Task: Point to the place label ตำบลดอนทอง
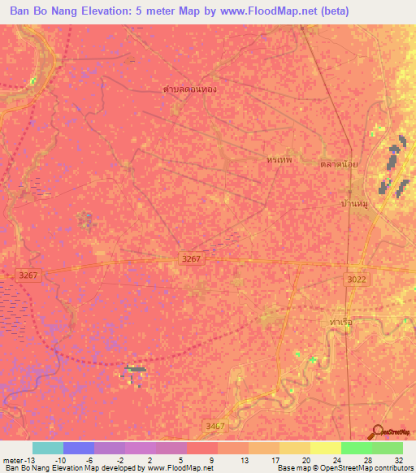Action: pyautogui.click(x=189, y=89)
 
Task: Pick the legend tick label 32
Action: pyautogui.click(x=398, y=459)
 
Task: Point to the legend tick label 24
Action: pyautogui.click(x=336, y=459)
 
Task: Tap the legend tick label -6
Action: pyautogui.click(x=89, y=459)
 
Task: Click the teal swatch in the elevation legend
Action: pyautogui.click(x=48, y=448)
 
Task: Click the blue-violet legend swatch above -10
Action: pyautogui.click(x=79, y=448)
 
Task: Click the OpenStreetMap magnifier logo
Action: pyautogui.click(x=376, y=432)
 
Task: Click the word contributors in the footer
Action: pyautogui.click(x=391, y=469)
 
